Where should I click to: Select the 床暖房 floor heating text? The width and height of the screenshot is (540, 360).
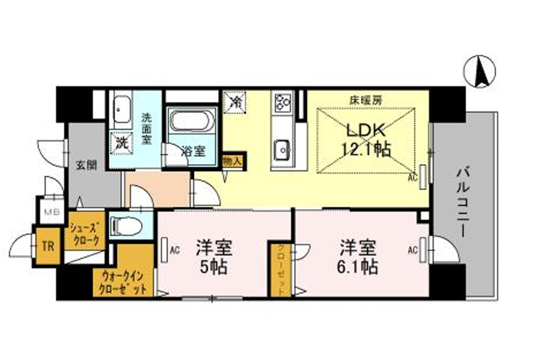(365, 101)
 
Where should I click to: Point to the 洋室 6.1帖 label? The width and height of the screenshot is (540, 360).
(357, 257)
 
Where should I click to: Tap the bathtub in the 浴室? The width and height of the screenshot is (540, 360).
(190, 123)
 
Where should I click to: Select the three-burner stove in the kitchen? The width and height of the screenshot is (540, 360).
(283, 103)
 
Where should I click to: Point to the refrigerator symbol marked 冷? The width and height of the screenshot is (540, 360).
(235, 102)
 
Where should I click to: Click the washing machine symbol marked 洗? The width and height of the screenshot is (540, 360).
(121, 140)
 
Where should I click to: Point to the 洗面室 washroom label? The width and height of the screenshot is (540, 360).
(148, 129)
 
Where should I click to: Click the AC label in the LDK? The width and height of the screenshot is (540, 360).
(412, 176)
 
